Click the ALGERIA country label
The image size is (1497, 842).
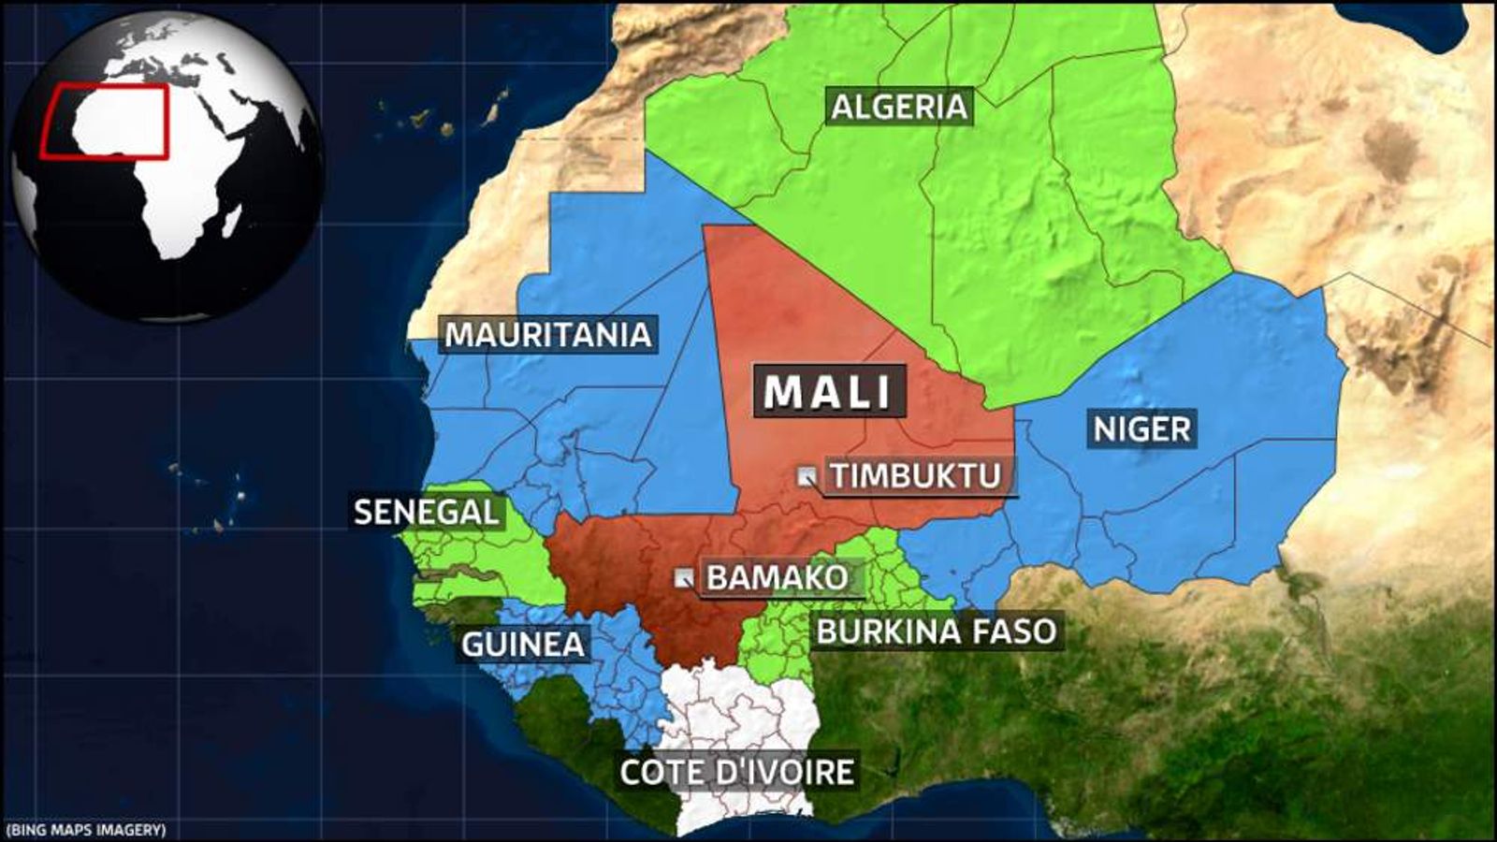coord(898,107)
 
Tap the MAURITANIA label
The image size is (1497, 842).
coord(547,335)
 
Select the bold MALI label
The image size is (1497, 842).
coord(829,391)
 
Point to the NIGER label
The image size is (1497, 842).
coord(1141,429)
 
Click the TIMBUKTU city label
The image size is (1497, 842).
coord(916,476)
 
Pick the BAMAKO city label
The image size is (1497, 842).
coord(777,577)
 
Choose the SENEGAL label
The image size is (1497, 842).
coord(427,513)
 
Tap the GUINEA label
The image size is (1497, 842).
coord(522,645)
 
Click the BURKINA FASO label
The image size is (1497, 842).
coord(936,631)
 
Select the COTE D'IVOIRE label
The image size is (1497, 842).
coord(737,773)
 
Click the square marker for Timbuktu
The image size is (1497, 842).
coord(806,476)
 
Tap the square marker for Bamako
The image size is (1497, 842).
coord(685,577)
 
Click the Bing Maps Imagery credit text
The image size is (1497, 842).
coord(86,829)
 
